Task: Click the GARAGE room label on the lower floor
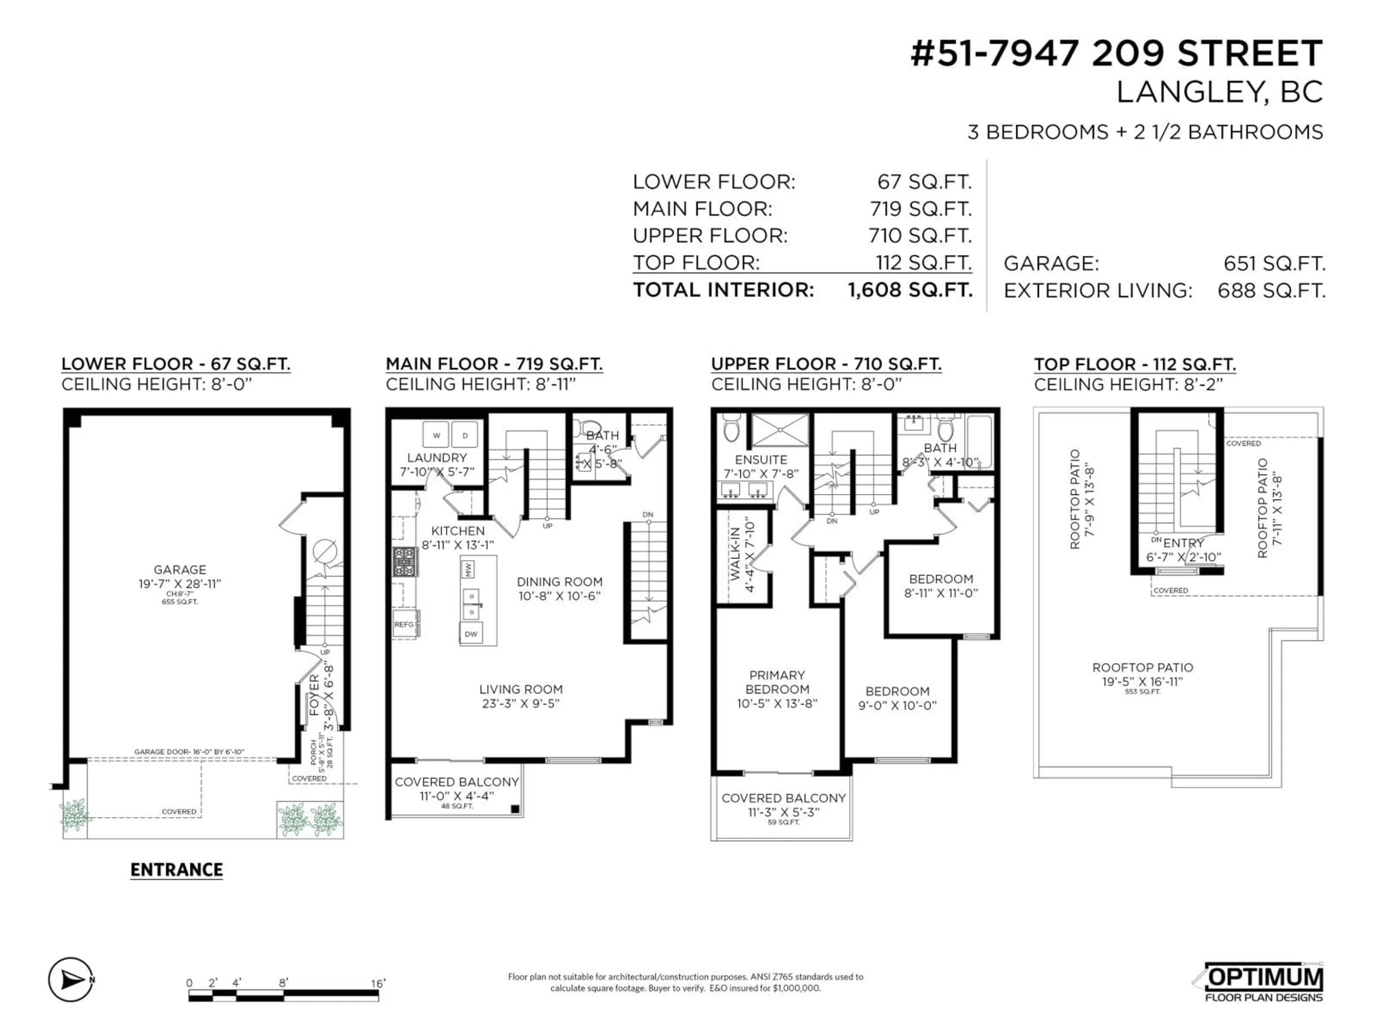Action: (180, 569)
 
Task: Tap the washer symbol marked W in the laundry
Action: (436, 435)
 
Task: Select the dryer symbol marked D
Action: (464, 435)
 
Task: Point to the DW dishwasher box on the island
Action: (471, 634)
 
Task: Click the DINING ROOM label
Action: (559, 582)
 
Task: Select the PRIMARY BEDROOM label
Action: (777, 682)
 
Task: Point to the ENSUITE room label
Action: (761, 460)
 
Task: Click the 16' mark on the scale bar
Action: (378, 983)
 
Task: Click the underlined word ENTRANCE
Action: (177, 870)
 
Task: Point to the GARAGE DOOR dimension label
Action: (189, 752)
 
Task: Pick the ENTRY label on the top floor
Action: (1183, 543)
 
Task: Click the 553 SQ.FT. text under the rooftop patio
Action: (1143, 692)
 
